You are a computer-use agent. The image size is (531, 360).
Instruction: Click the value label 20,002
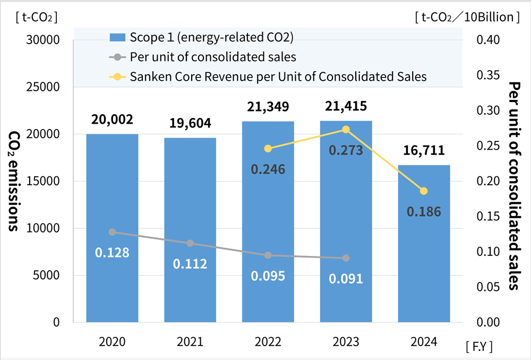tap(112, 119)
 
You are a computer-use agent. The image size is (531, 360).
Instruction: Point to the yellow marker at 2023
tap(346, 130)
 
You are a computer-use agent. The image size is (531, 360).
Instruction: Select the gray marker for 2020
tap(112, 232)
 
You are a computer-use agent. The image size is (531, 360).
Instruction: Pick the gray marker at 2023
tap(346, 258)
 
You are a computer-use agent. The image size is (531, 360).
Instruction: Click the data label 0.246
tap(268, 169)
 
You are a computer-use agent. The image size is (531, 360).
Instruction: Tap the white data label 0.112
tap(190, 263)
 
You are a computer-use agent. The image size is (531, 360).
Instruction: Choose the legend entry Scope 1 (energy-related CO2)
tap(202, 37)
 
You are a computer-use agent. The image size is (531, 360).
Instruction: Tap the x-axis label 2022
tap(268, 342)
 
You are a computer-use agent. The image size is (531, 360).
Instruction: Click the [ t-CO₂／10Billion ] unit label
tap(467, 17)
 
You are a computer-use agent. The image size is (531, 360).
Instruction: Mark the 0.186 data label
tap(424, 212)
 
